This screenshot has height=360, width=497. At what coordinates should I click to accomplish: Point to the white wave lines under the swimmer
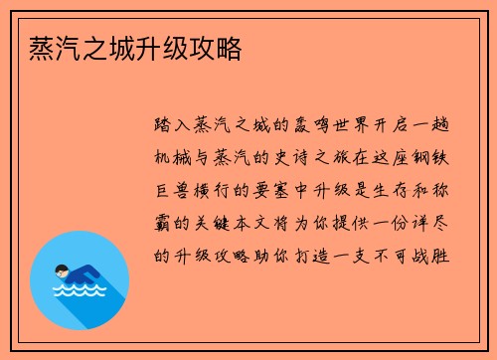pyautogui.click(x=79, y=291)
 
